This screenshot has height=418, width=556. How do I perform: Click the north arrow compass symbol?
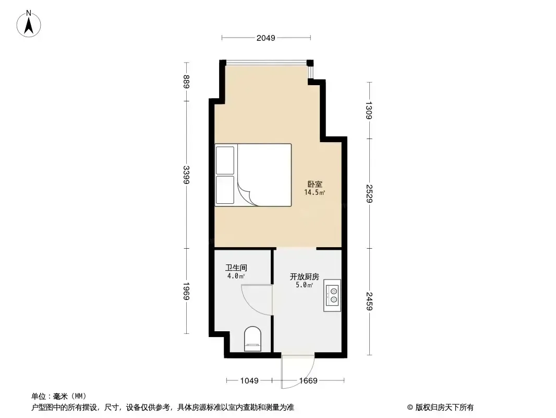coord(29,24)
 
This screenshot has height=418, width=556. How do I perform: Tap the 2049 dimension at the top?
coord(266,38)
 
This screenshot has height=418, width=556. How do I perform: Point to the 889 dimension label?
coord(187,82)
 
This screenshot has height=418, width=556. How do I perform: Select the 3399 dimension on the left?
coord(187,175)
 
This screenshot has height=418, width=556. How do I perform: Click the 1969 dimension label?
coord(187,291)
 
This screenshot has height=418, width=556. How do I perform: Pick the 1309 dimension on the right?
coord(369,110)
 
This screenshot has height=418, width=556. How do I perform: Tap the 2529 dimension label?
coord(369,193)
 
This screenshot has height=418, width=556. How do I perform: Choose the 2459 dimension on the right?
coord(369,301)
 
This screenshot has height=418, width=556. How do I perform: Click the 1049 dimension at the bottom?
coord(249,381)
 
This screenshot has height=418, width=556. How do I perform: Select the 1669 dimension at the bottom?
coord(308,381)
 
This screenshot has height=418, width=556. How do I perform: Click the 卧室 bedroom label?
coord(315,184)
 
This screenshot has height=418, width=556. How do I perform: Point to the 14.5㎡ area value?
coord(315,192)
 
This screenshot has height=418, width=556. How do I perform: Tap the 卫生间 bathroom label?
coord(236,268)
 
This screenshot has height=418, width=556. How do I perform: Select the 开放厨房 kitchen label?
coord(305,276)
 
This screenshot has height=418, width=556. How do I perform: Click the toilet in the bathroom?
coord(253,339)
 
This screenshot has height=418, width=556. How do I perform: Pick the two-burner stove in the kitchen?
coord(332,296)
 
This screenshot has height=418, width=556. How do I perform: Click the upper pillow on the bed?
coord(225,160)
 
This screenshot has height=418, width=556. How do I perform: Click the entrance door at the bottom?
coord(298,371)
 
